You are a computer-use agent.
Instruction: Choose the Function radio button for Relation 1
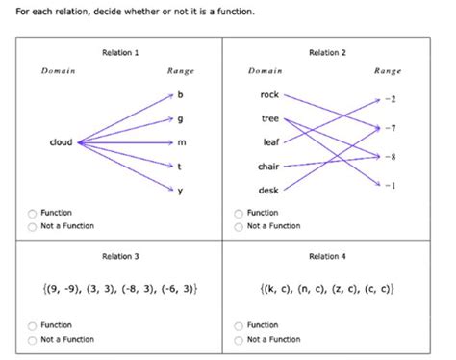pos(34,214)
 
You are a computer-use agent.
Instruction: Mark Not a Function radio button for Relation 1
pos(34,226)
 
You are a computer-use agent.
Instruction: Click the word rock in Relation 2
pos(269,94)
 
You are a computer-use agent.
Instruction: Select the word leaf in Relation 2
pos(270,142)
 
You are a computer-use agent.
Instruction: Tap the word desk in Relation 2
pos(269,190)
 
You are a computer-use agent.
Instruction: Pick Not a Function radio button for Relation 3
pos(34,340)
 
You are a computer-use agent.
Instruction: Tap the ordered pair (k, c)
pos(274,289)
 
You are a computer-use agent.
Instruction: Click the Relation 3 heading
pos(120,256)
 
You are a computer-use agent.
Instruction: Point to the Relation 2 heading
pos(327,52)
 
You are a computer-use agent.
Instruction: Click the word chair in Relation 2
pos(268,167)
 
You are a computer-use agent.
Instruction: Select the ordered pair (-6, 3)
pos(176,289)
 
